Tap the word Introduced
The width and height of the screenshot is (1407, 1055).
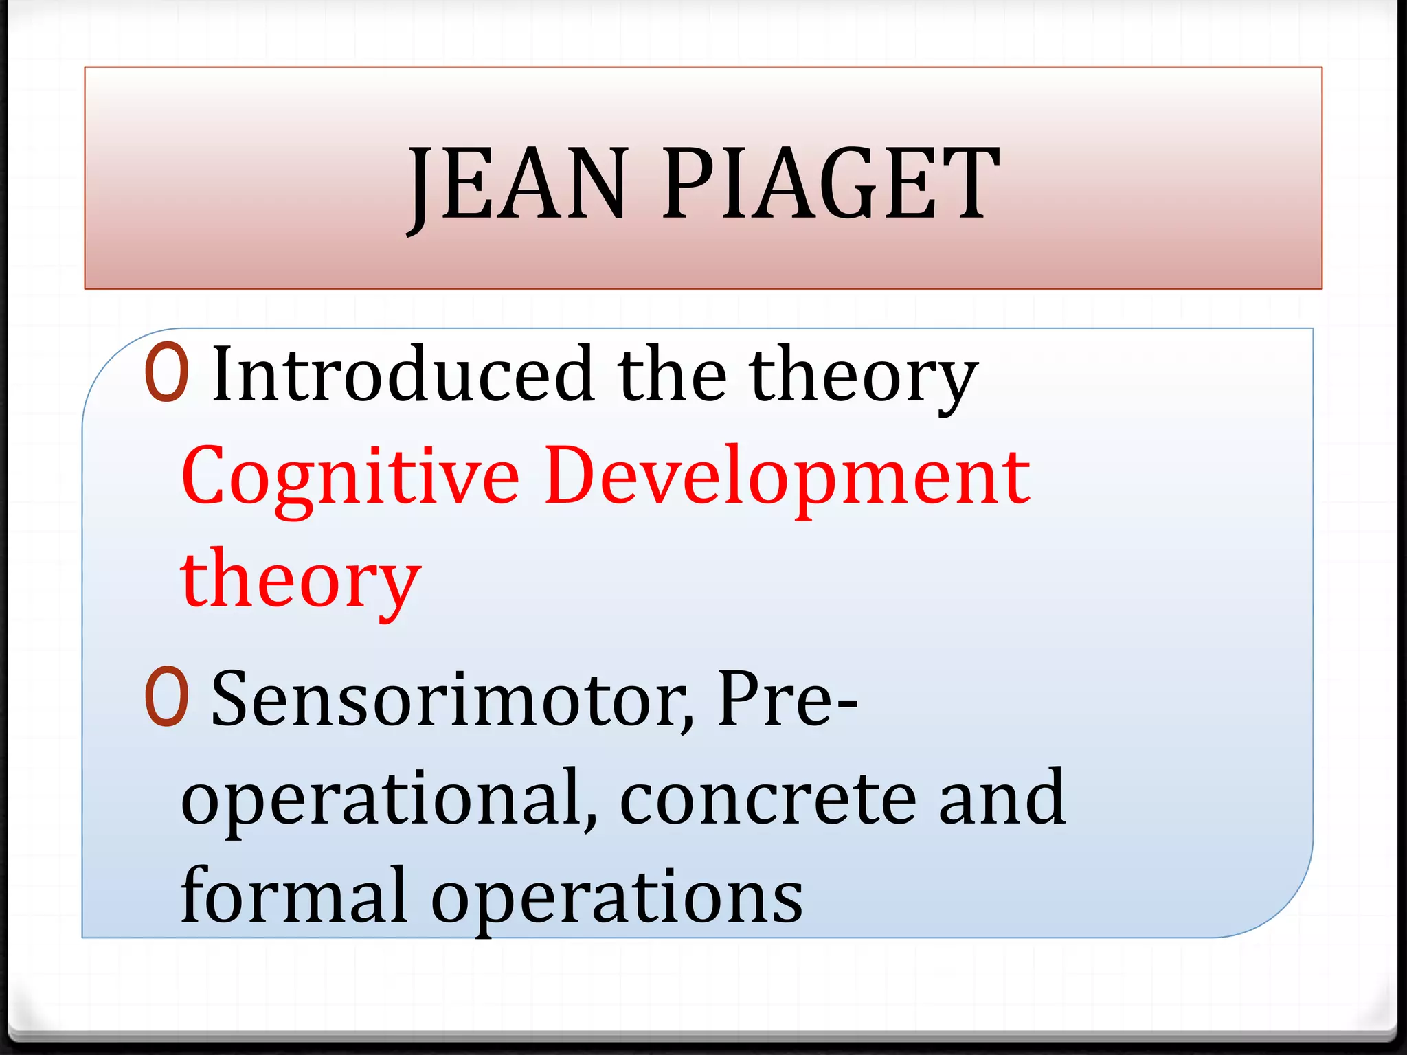point(403,374)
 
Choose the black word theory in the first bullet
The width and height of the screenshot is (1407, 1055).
point(864,376)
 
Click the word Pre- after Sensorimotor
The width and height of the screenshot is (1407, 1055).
point(787,699)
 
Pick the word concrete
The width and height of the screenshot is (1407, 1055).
point(767,799)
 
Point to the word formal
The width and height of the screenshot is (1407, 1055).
point(295,896)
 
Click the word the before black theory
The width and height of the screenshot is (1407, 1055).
point(672,374)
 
